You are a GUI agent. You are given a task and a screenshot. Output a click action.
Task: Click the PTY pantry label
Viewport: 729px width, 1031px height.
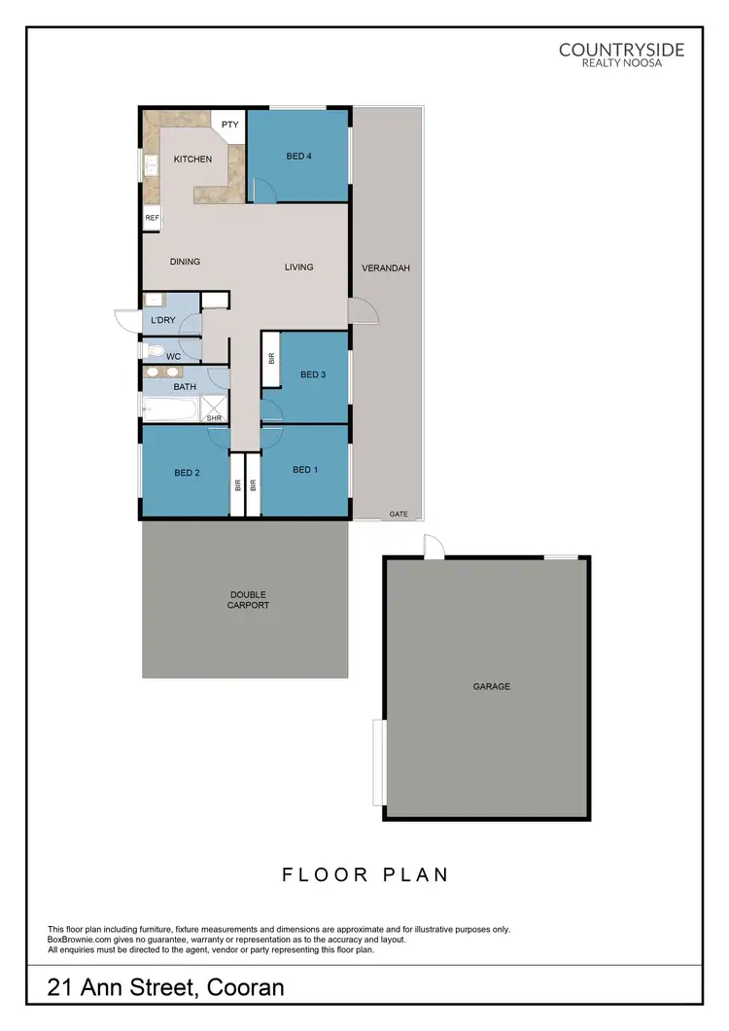click(230, 124)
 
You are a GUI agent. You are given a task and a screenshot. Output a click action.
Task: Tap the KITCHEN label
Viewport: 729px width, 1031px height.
click(192, 159)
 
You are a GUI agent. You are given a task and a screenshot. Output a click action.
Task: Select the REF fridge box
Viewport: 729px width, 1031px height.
click(152, 218)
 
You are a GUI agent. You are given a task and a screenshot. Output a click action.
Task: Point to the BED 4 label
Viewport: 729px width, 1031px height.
click(299, 156)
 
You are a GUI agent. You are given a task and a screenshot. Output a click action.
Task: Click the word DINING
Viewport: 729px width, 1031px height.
click(185, 262)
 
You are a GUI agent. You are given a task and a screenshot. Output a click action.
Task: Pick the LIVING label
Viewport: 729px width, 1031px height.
click(299, 267)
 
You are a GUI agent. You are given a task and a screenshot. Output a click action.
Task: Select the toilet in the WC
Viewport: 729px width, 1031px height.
click(153, 350)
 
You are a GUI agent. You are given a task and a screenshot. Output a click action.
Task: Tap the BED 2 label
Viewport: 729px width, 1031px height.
click(187, 474)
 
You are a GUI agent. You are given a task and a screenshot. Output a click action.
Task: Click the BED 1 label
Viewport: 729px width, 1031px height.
click(305, 470)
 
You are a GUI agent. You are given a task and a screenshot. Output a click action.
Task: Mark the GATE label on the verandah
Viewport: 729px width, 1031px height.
click(399, 513)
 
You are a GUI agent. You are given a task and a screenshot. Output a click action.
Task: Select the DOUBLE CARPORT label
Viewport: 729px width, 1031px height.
click(249, 600)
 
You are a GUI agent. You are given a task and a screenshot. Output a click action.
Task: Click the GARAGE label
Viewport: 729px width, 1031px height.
click(492, 687)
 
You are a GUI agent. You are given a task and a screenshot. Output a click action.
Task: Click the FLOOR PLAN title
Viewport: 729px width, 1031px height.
click(365, 874)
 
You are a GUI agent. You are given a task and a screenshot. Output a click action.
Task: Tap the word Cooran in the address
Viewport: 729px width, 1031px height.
click(241, 989)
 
